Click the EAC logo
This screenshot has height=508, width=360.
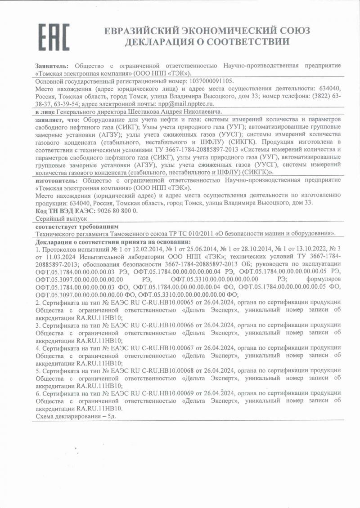(x=54, y=36)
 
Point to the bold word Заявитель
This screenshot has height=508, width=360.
(x=52, y=66)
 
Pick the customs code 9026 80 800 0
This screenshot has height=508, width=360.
(x=115, y=210)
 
